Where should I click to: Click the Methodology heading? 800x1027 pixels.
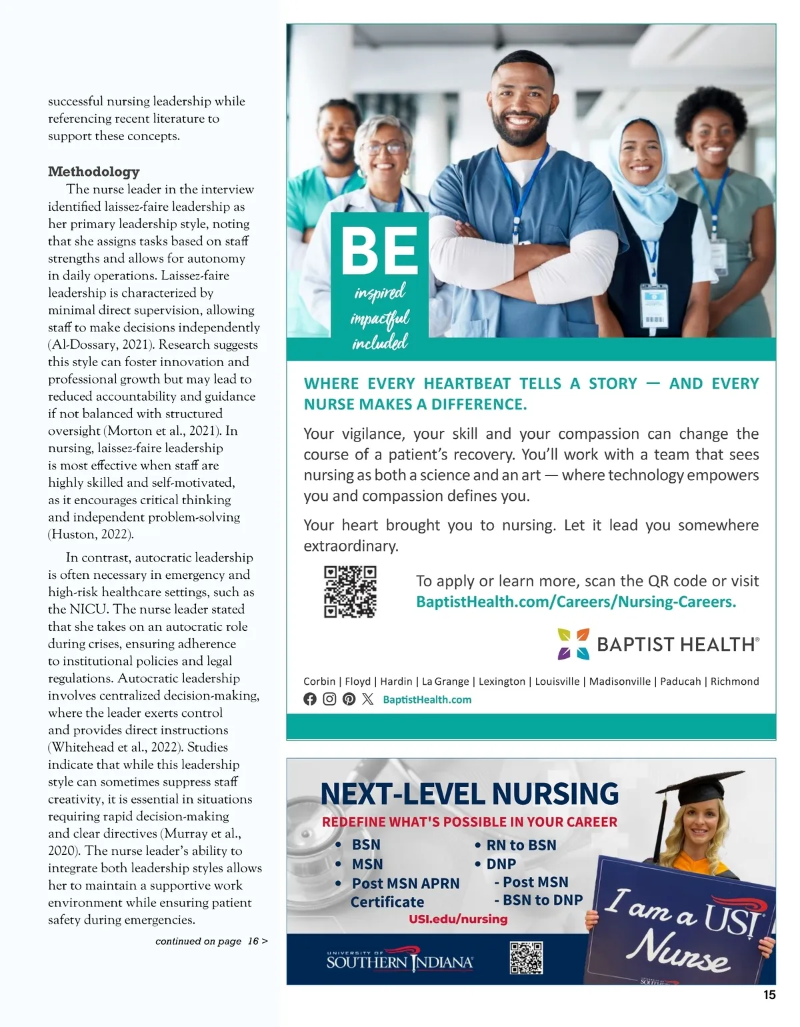click(x=94, y=171)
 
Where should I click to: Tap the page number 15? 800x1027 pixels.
click(x=769, y=995)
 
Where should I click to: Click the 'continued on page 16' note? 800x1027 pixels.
click(x=211, y=941)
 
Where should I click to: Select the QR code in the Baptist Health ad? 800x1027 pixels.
click(x=350, y=592)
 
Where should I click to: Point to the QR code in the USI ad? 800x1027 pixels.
click(x=526, y=958)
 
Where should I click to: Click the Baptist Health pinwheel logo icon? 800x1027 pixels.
click(x=573, y=644)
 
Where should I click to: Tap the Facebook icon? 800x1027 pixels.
click(x=310, y=699)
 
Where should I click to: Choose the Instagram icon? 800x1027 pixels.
click(x=329, y=699)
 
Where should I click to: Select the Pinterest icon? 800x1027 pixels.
click(x=349, y=699)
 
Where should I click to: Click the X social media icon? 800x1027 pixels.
click(x=368, y=699)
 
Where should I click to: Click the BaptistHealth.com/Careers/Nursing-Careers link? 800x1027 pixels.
click(x=576, y=602)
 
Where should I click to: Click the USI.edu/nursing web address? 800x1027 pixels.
click(x=458, y=919)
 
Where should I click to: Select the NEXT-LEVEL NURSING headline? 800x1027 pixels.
click(x=469, y=794)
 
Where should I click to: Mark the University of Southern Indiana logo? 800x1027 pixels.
click(x=400, y=961)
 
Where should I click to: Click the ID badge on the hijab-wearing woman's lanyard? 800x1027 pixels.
click(x=654, y=306)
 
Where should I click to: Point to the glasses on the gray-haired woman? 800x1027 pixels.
click(x=385, y=147)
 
